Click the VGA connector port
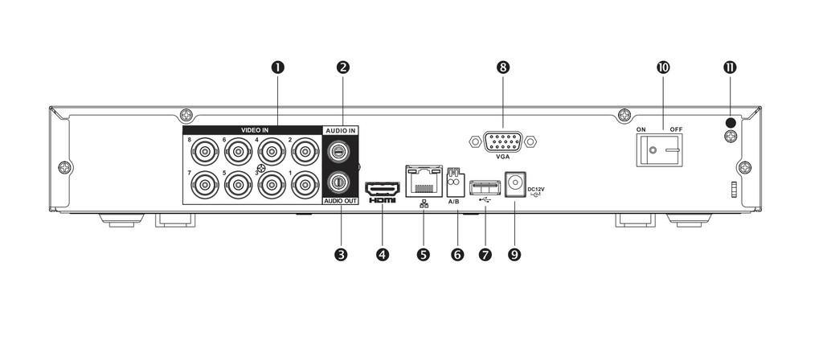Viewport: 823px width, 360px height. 503,141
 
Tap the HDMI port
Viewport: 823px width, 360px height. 382,189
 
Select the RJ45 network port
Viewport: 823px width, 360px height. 423,181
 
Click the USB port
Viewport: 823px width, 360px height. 485,187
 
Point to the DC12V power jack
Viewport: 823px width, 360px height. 515,184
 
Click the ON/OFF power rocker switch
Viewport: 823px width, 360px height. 659,150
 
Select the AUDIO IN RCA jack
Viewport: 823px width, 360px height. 339,152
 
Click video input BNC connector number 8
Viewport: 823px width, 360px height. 205,153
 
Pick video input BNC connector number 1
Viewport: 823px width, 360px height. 304,184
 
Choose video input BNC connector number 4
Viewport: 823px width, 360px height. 271,153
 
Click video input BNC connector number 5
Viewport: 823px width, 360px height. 238,184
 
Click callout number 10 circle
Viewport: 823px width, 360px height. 663,67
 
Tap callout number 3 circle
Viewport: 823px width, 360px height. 341,255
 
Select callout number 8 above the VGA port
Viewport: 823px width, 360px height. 503,67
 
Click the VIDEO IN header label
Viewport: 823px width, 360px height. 255,129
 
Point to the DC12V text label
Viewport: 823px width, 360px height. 536,188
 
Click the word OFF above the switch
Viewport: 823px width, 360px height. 677,129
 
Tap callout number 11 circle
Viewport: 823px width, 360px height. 730,67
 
